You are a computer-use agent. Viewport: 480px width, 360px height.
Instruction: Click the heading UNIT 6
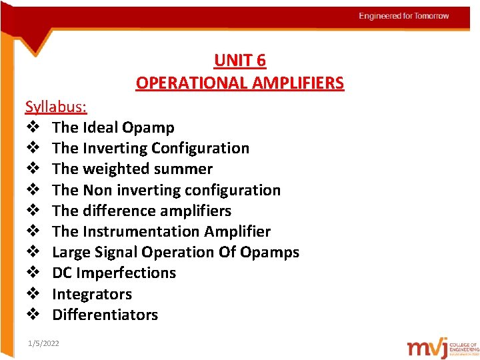pyautogui.click(x=240, y=61)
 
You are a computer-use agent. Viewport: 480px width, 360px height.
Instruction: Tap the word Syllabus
pyautogui.click(x=55, y=107)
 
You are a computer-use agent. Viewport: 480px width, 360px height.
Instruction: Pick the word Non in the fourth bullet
pyautogui.click(x=97, y=190)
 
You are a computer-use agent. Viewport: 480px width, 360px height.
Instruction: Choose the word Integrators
pyautogui.click(x=92, y=294)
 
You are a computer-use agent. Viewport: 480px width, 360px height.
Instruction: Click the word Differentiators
pyautogui.click(x=105, y=315)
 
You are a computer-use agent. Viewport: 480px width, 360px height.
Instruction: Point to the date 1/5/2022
pyautogui.click(x=43, y=343)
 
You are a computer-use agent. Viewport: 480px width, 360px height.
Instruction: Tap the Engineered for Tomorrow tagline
pyautogui.click(x=404, y=16)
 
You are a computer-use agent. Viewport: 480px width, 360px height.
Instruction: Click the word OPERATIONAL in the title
pyautogui.click(x=191, y=83)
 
